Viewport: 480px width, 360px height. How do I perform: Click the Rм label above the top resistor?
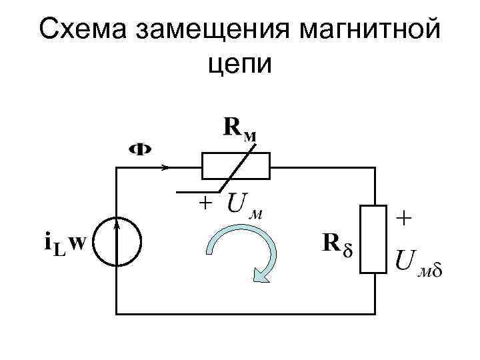click(x=239, y=128)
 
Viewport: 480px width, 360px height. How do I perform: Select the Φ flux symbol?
click(x=139, y=149)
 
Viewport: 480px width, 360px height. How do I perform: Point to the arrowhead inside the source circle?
click(x=117, y=227)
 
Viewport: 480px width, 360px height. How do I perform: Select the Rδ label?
click(x=339, y=244)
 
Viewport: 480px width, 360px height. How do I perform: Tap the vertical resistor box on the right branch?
click(x=375, y=239)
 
